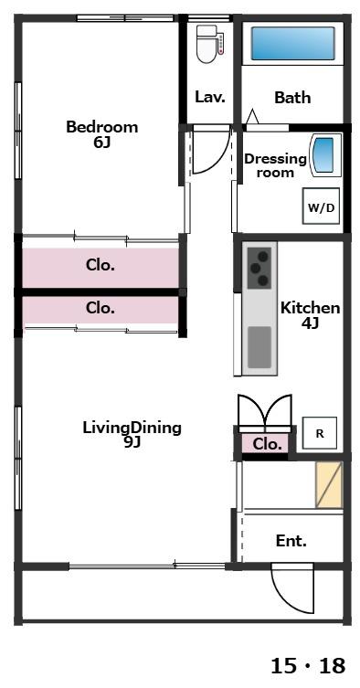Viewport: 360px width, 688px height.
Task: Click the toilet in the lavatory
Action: [209, 45]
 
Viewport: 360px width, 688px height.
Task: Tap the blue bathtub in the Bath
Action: [292, 44]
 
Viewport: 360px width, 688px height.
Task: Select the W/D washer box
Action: [321, 206]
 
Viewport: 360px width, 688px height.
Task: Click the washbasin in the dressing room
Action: [326, 155]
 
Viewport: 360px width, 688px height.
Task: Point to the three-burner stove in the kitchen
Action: [259, 268]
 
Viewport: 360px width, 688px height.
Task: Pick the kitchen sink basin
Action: [259, 347]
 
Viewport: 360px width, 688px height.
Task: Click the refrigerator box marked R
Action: [320, 433]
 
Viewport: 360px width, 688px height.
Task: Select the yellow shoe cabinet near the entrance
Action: [329, 485]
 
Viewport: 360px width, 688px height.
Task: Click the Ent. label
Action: [291, 541]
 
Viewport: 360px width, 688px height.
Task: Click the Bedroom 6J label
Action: [101, 134]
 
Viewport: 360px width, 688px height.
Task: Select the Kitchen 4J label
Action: [310, 315]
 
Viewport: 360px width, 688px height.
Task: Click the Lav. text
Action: [210, 97]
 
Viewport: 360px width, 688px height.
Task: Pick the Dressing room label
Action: [275, 165]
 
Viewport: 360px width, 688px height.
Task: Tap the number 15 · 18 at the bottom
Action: [308, 666]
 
